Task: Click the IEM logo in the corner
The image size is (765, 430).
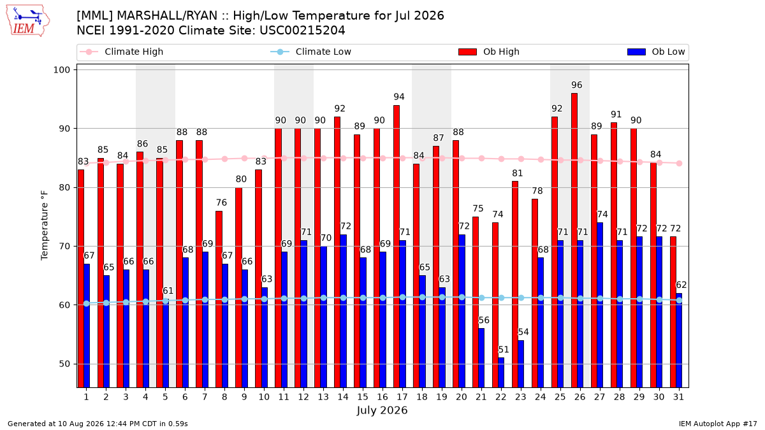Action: pyautogui.click(x=27, y=21)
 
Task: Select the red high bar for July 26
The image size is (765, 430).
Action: pyautogui.click(x=574, y=240)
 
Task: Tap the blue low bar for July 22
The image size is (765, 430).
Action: pyautogui.click(x=501, y=372)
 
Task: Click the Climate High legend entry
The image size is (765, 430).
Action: pyautogui.click(x=122, y=52)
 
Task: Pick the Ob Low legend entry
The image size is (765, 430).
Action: pyautogui.click(x=656, y=52)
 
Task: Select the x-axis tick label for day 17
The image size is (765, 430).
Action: pyautogui.click(x=402, y=398)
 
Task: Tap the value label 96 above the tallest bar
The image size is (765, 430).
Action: pyautogui.click(x=577, y=85)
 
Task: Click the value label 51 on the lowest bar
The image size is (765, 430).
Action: pyautogui.click(x=504, y=350)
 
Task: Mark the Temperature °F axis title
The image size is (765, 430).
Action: pyautogui.click(x=45, y=226)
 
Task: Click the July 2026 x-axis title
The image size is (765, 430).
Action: pyautogui.click(x=382, y=410)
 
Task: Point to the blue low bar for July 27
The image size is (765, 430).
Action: pyautogui.click(x=600, y=305)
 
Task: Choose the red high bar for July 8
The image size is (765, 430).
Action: pyautogui.click(x=219, y=299)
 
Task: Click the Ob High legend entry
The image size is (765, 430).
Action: pyautogui.click(x=489, y=52)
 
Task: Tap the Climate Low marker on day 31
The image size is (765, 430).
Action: pyautogui.click(x=680, y=300)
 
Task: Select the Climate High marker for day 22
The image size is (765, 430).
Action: pyautogui.click(x=501, y=159)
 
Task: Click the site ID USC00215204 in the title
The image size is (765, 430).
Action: pyautogui.click(x=303, y=31)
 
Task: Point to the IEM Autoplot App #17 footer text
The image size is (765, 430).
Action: pyautogui.click(x=718, y=424)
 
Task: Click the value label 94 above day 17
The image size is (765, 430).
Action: pyautogui.click(x=399, y=97)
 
